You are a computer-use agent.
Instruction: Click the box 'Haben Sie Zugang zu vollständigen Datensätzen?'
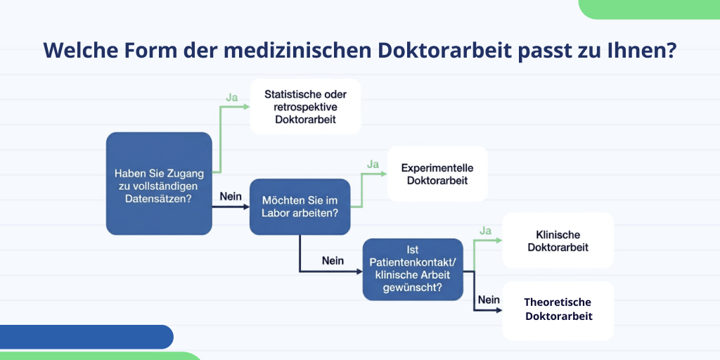159,184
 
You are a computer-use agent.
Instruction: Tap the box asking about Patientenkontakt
413,269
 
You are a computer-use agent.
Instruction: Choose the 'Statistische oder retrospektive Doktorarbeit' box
305,106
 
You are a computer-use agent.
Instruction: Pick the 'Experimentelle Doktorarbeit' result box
437,174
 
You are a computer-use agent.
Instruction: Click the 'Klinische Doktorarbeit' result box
558,240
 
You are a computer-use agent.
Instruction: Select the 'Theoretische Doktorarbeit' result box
558,309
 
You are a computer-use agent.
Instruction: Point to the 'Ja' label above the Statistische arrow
231,97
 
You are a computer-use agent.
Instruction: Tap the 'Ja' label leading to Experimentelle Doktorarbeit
373,165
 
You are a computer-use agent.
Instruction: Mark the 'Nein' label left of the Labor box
231,196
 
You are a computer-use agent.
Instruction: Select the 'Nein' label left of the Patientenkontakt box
333,261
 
